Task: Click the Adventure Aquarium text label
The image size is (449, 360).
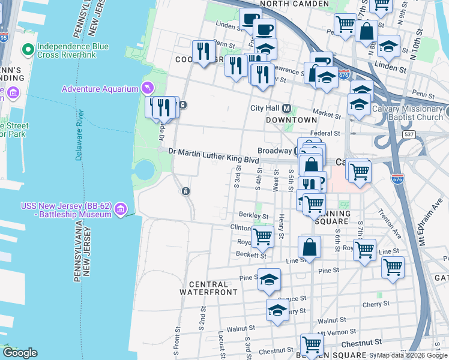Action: coord(100,89)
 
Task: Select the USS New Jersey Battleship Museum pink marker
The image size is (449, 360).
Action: coord(120,209)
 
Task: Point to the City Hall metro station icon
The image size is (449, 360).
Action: coord(286,109)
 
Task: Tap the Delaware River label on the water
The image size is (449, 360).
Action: coord(79,135)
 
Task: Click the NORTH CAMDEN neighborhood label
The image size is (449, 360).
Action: coord(294,4)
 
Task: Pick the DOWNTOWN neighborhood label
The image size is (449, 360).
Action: coord(288,120)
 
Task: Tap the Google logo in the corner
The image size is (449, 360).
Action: coord(20,353)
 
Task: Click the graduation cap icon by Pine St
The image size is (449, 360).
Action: coord(270,279)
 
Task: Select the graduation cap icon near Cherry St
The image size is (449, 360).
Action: coord(277,310)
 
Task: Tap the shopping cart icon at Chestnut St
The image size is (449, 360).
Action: coord(312,344)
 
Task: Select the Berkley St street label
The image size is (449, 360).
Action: coord(252,215)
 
